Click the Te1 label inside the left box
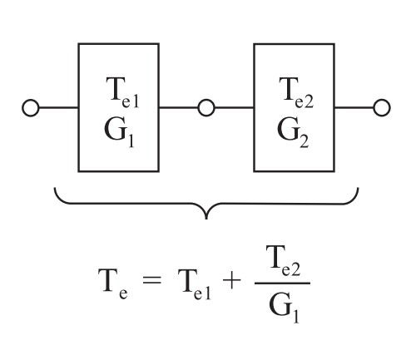coord(122,92)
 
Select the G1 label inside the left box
coord(120,132)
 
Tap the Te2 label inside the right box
coord(296,92)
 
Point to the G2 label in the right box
coord(293,132)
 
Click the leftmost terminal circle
coord(31,108)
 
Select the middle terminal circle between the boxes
coord(206,108)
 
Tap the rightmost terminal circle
coord(382,108)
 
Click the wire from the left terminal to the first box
coord(58,108)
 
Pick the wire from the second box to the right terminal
coord(354,108)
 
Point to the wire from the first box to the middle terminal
coord(179,108)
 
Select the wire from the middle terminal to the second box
coord(235,108)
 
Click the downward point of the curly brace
coord(206,219)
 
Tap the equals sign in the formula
coord(151,279)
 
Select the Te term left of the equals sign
coord(113,284)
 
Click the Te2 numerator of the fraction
coord(283,261)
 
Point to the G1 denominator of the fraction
coord(284,308)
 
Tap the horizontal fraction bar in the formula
coord(282,284)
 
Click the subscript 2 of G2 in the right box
coord(304,141)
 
